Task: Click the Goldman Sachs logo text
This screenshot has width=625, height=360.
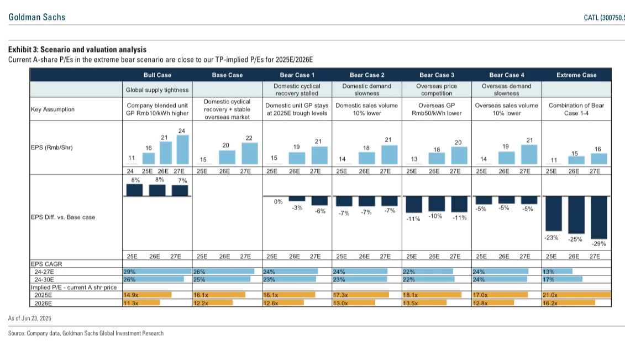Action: click(37, 17)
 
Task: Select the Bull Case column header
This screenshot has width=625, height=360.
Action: click(157, 75)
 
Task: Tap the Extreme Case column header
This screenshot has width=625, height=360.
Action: click(576, 75)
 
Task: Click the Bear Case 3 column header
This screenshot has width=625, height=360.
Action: click(437, 75)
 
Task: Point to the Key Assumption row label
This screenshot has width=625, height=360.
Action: click(52, 109)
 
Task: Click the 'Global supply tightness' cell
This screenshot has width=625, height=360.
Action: click(157, 90)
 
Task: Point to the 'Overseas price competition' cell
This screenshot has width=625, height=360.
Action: click(437, 90)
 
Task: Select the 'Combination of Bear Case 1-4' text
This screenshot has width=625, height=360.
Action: click(576, 109)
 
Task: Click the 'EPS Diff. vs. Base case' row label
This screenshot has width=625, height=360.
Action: click(63, 217)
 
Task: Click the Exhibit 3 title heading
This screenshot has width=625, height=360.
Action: click(77, 50)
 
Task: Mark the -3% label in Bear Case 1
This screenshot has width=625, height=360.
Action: click(297, 207)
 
